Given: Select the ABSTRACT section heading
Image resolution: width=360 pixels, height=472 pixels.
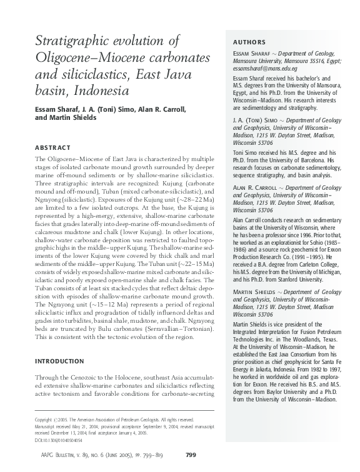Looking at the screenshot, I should [53, 148].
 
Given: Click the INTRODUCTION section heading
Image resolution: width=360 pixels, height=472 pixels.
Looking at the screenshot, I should [63, 361].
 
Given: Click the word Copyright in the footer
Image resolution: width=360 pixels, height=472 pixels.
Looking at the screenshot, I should [46, 420].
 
